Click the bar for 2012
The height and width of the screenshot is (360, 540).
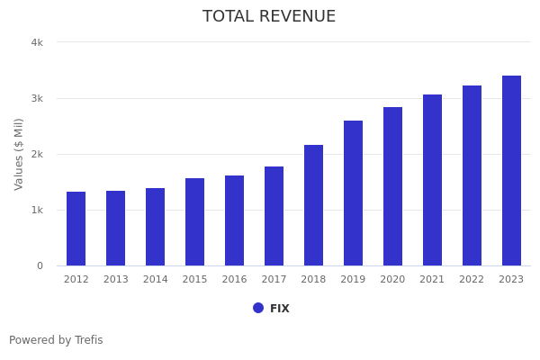[x=76, y=229]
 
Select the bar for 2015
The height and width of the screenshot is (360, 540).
[x=195, y=221]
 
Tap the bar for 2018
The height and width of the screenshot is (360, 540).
[x=313, y=205]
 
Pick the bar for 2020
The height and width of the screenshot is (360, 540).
[x=392, y=186]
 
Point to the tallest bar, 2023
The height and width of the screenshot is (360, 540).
[x=511, y=171]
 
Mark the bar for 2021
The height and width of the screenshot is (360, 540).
[x=432, y=180]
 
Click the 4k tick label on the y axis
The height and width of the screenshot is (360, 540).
[x=37, y=42]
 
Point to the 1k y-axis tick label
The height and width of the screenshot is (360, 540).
[x=37, y=210]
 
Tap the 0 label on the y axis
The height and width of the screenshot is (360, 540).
[x=40, y=265]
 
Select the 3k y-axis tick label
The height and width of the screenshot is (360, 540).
[x=37, y=98]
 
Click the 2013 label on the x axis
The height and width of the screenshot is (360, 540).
[x=116, y=280]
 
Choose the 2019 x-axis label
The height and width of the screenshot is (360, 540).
[x=353, y=280]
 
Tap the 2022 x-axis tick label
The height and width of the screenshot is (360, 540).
[x=472, y=280]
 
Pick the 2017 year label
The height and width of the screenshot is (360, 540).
[x=274, y=280]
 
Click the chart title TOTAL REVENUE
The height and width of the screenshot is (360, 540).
[x=269, y=17]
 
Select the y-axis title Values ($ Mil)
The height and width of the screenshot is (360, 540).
[x=19, y=154]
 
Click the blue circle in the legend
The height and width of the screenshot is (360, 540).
[x=258, y=308]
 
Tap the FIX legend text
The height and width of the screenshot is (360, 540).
[x=280, y=309]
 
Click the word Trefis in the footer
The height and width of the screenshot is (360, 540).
[x=87, y=340]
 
